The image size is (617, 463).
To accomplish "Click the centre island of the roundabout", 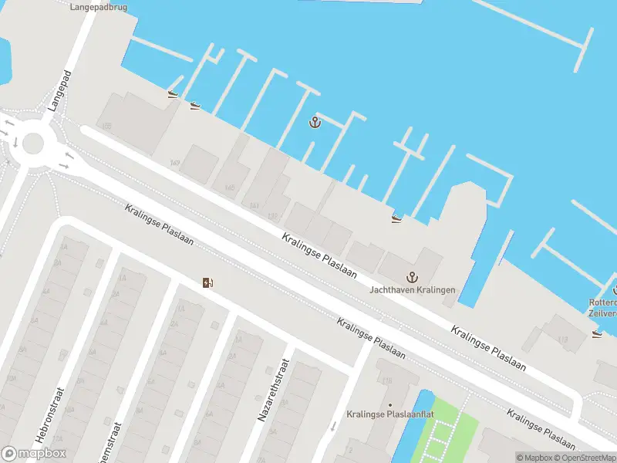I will (x=33, y=142).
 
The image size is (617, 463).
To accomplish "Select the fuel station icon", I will (x=207, y=282).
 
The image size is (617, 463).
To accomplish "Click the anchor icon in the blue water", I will (x=315, y=122).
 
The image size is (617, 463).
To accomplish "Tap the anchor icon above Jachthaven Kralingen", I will (x=412, y=277).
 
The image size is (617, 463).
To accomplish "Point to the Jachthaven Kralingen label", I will (x=412, y=290).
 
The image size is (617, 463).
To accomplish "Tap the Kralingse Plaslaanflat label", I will (x=389, y=414).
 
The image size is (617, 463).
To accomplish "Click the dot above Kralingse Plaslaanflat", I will (x=389, y=404).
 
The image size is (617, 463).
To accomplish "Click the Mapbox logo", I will (x=34, y=454).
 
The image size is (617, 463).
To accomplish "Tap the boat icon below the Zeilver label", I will (x=596, y=334).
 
